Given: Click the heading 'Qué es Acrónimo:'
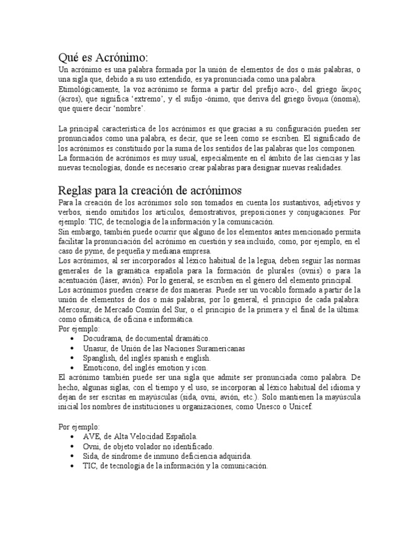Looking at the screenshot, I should (x=103, y=57).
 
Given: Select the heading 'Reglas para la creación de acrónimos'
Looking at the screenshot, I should (x=149, y=191).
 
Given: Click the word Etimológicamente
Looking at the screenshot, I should (x=87, y=89).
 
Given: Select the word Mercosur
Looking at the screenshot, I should (x=74, y=310).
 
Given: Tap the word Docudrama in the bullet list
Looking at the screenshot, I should (x=101, y=338).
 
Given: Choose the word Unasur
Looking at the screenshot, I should (x=95, y=348).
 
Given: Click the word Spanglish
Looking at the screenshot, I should (x=99, y=358).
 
